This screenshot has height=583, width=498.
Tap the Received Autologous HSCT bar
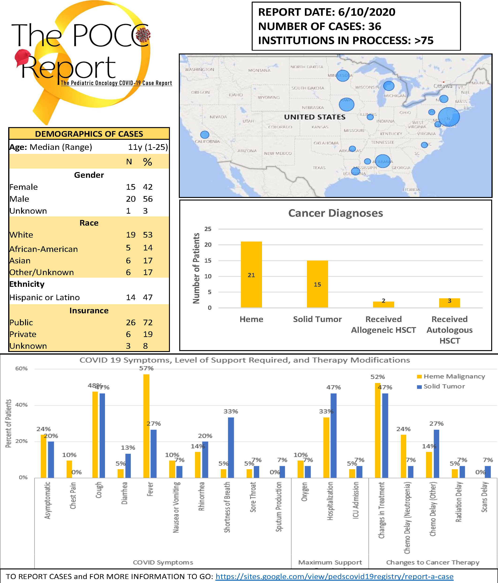point(449,303)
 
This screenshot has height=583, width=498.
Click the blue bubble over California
point(205,135)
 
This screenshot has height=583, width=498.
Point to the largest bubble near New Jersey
point(449,117)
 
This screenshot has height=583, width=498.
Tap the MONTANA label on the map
point(259,70)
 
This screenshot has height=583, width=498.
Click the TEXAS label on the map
point(319,168)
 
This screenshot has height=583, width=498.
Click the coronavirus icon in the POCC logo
point(143,35)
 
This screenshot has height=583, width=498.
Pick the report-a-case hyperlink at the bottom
point(334,576)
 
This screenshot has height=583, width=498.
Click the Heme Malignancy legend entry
point(454,376)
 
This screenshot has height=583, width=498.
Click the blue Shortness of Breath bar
point(231,447)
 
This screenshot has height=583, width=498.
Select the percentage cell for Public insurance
point(148,322)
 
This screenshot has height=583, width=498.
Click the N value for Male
point(131,199)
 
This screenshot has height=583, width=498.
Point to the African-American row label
point(44,249)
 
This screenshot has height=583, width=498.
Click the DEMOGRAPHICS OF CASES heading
point(89,134)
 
